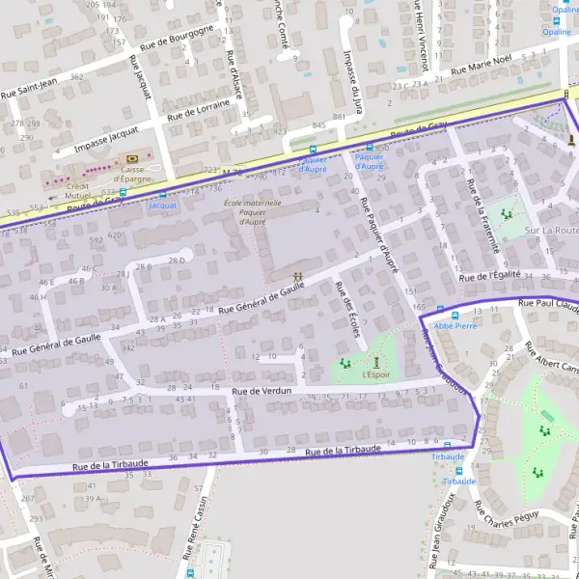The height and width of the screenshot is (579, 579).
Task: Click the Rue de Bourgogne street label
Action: coord(177,38)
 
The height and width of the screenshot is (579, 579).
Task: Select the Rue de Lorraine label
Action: coord(202,107)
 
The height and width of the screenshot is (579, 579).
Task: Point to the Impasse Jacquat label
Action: coord(107,139)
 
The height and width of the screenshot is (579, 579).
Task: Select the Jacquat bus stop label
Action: coord(163,205)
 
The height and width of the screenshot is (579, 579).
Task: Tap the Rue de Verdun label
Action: coord(262,391)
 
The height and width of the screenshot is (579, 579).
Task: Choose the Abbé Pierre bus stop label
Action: coord(455,326)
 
